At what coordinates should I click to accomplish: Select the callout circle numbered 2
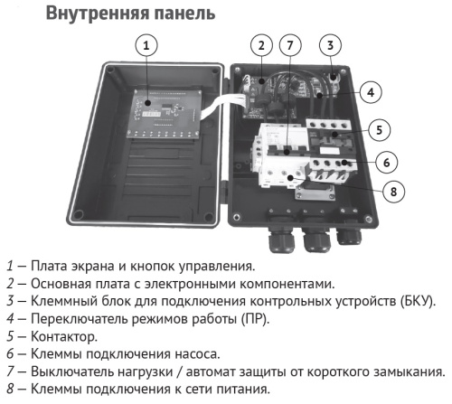click(x=261, y=45)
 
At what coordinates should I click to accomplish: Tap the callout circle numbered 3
click(x=332, y=45)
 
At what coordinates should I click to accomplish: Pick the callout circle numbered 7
click(x=289, y=45)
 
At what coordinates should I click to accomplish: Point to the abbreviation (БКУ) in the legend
click(x=419, y=301)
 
